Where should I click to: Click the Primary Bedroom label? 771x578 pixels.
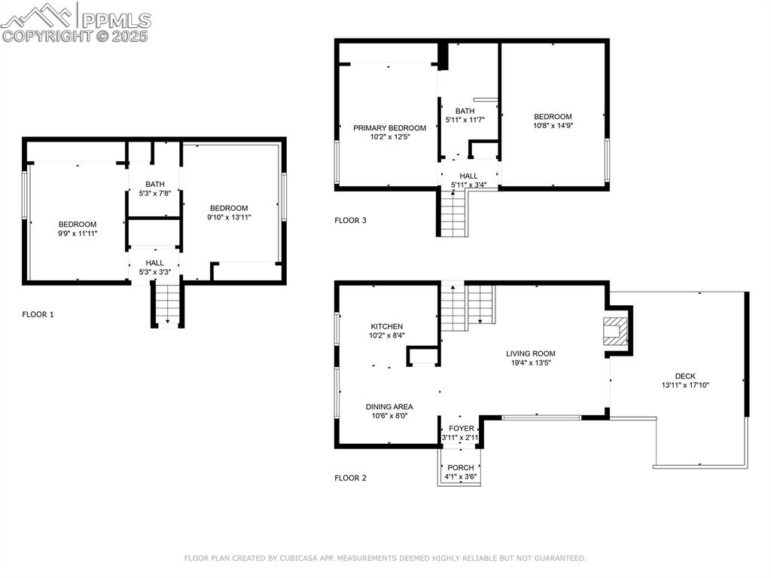(x=389, y=128)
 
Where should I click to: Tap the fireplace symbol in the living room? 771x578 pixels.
(x=615, y=331)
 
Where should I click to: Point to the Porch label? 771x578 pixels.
(x=461, y=467)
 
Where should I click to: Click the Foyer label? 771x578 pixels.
(x=462, y=428)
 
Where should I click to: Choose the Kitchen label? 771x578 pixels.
(x=386, y=326)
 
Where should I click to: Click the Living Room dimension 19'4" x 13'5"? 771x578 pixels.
(x=530, y=362)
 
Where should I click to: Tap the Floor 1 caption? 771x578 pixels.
(x=38, y=314)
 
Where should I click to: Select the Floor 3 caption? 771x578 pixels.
(x=350, y=221)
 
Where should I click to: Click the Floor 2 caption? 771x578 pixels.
(x=350, y=478)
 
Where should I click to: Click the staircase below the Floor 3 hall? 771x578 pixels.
(x=453, y=213)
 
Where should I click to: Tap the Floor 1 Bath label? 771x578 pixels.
(x=155, y=184)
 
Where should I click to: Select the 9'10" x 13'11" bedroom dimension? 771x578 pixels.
(x=229, y=217)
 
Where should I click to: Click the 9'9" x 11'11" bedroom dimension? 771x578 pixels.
(x=78, y=234)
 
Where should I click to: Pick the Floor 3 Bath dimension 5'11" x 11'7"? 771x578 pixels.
(x=465, y=119)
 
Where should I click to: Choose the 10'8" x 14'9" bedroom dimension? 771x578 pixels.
(x=553, y=126)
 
